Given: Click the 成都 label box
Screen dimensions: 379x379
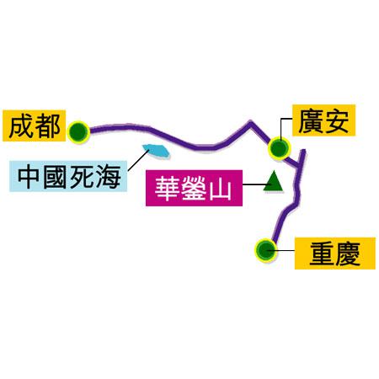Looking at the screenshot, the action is point(34,125).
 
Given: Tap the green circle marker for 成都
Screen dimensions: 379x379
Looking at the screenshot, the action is point(78,131).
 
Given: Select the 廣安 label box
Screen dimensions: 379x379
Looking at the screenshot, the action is point(323,120).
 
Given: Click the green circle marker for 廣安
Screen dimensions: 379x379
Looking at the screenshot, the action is point(279,148).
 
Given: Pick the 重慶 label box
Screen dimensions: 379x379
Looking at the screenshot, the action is point(334,254).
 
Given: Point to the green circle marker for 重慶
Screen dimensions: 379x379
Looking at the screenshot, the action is point(265,250).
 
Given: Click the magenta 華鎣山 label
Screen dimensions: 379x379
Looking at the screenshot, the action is point(194,188).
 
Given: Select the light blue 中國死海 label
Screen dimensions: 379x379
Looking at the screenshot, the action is point(68,176).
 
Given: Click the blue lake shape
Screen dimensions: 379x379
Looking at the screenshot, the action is point(156,151).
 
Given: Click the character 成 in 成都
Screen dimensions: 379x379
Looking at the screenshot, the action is point(21,125).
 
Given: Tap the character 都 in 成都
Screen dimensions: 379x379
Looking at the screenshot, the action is point(47,125).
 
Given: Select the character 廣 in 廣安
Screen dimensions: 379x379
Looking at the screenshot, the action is point(311,120).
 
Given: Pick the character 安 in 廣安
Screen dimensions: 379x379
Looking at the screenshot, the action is point(336,120).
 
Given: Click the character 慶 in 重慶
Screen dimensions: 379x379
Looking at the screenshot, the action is point(348,254).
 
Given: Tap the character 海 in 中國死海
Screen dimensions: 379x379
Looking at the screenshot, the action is point(109,177).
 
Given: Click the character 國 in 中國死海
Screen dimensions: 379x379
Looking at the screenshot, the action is point(56,177).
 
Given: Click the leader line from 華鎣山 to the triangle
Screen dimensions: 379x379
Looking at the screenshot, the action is point(254,184).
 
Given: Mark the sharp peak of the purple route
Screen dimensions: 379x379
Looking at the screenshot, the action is point(251,122).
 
